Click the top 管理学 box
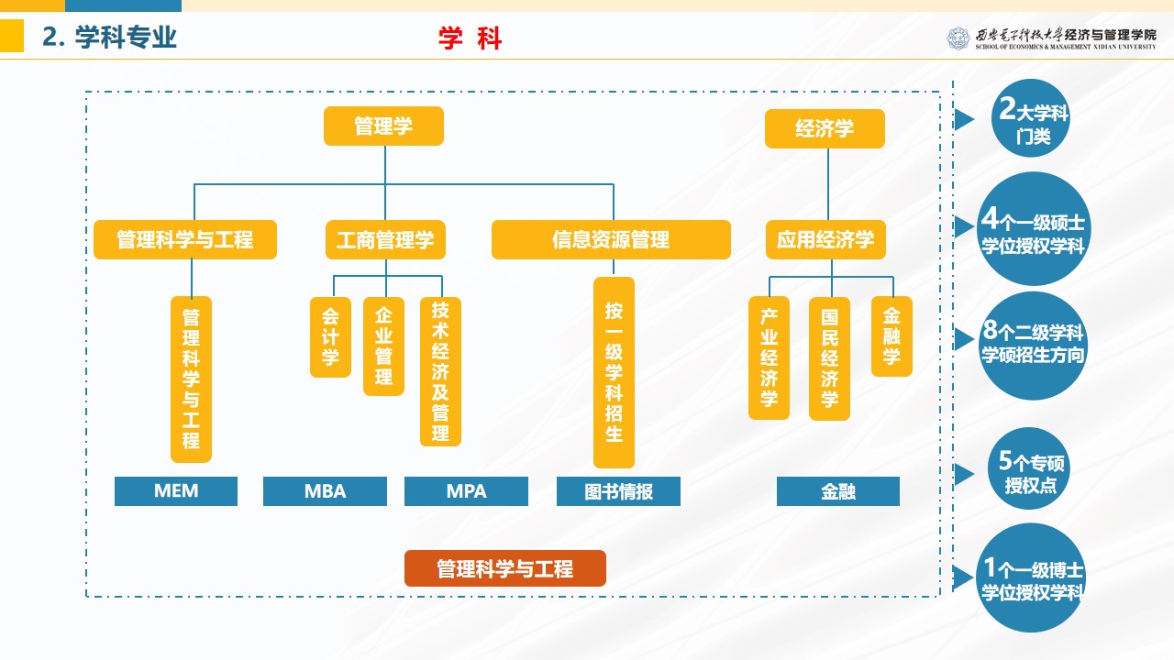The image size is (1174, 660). click(x=383, y=126)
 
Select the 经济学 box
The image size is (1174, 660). click(x=825, y=129)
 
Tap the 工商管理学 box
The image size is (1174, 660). click(x=385, y=240)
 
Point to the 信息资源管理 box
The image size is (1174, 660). click(x=611, y=240)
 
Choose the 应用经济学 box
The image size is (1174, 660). click(x=825, y=240)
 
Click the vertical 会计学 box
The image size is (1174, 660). click(x=330, y=336)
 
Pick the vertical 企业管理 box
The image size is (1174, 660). click(x=383, y=346)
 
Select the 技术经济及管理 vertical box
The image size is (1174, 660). click(x=440, y=371)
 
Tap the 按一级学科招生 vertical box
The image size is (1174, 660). click(x=614, y=372)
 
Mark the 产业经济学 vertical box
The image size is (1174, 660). click(x=769, y=357)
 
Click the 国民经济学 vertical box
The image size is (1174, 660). click(x=829, y=357)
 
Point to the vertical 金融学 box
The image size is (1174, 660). click(x=892, y=335)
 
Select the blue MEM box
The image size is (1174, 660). click(x=176, y=491)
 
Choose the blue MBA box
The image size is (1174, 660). click(x=325, y=491)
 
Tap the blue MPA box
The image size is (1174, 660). click(x=466, y=491)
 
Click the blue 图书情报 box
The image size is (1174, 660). click(x=618, y=491)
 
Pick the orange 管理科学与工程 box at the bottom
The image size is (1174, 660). click(x=505, y=568)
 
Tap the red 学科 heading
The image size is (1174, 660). click(x=471, y=38)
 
